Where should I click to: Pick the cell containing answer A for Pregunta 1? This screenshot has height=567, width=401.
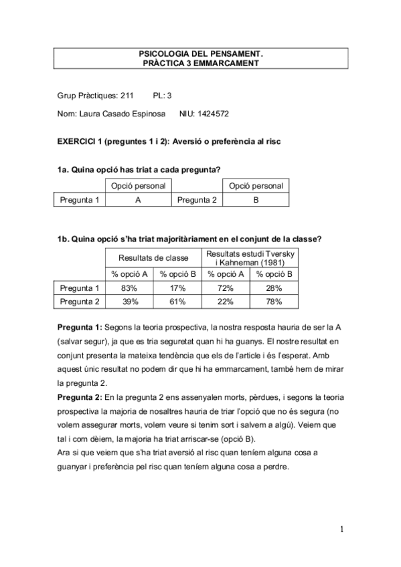[x=138, y=199]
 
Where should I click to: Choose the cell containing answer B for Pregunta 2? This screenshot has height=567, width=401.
[x=255, y=199]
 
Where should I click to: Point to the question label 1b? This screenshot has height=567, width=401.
[x=62, y=237]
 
